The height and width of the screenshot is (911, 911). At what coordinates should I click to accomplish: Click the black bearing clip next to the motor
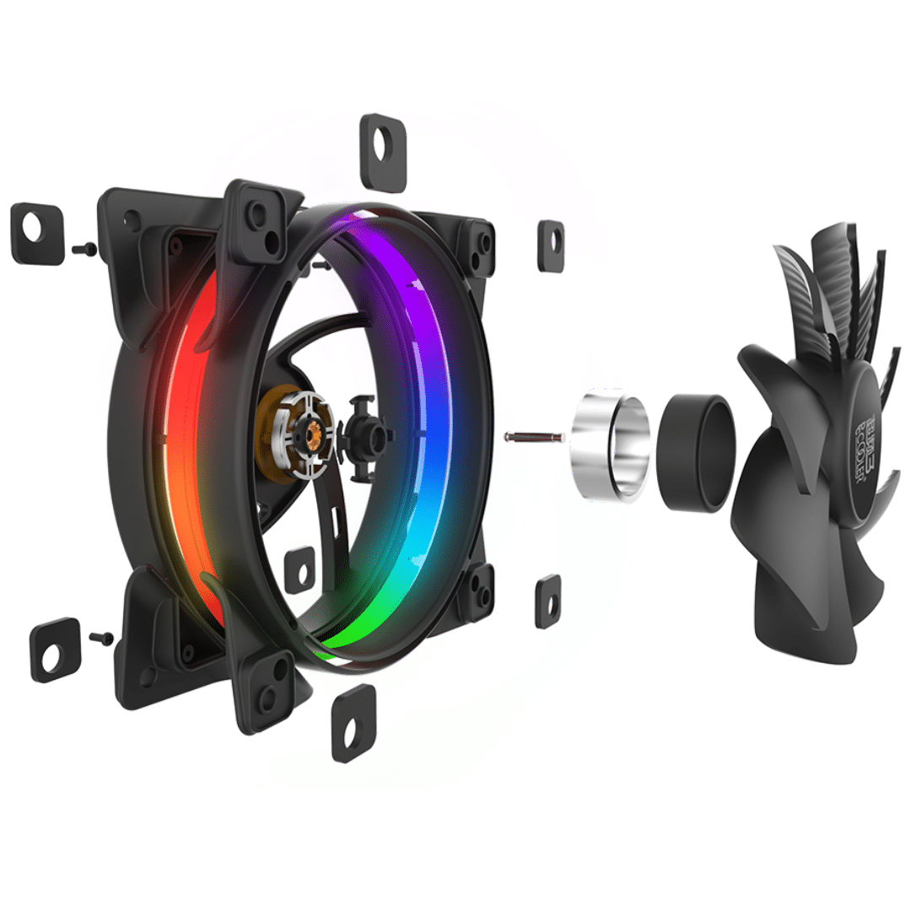(x=364, y=434)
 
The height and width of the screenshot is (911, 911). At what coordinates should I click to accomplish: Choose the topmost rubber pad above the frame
(x=384, y=152)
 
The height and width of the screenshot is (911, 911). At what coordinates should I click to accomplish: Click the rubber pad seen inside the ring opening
(x=299, y=569)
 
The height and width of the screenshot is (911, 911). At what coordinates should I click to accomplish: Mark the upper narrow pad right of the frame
(x=551, y=246)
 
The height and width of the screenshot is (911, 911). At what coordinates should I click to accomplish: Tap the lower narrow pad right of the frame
(x=547, y=601)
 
